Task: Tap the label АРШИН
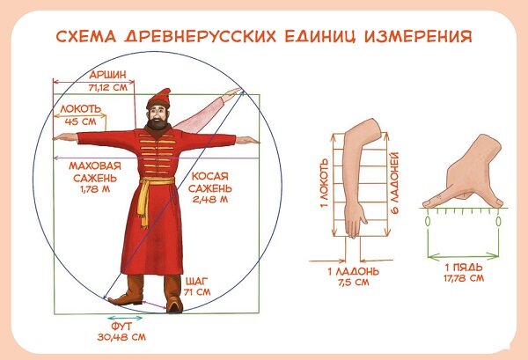coord(107,75)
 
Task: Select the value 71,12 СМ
coord(108,87)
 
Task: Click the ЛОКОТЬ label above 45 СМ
coord(81,109)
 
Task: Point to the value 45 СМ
coord(80,121)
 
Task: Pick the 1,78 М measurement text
coord(95,189)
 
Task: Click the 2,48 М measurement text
coord(210,199)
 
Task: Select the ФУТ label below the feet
coord(121,327)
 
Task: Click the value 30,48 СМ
coord(121,337)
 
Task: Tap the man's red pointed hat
coord(158,99)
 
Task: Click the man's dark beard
coord(158,123)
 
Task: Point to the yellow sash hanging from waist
coord(145,203)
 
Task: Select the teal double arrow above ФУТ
coord(125,318)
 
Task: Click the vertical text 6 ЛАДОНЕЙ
coord(394,183)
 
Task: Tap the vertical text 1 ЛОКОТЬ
coord(324,184)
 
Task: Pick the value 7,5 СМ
coord(354,282)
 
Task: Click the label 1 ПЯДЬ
coord(464,268)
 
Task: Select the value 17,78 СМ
coord(464,278)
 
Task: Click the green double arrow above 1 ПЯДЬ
coord(463,255)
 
